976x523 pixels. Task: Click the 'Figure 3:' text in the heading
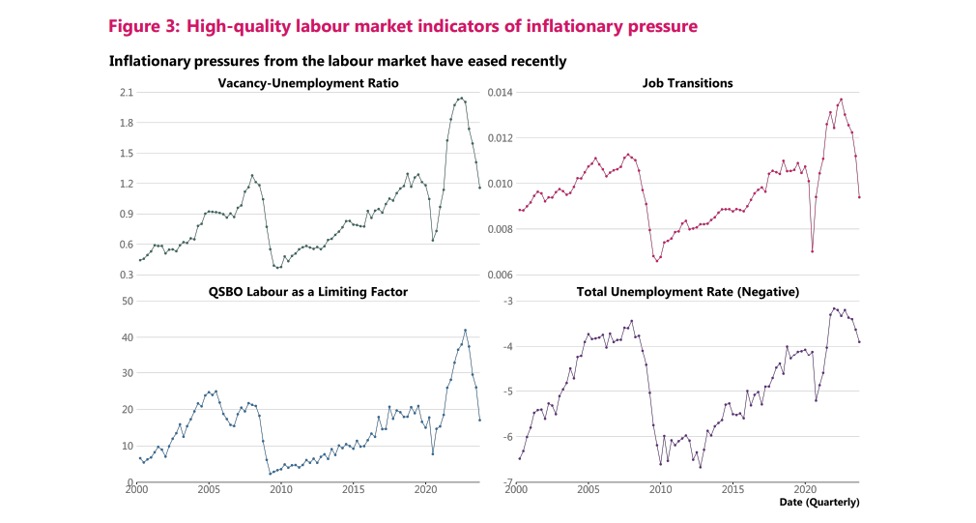pyautogui.click(x=144, y=26)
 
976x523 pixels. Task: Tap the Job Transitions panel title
pyautogui.click(x=687, y=83)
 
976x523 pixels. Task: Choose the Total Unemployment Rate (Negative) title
pyautogui.click(x=687, y=291)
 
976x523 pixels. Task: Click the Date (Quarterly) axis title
pyautogui.click(x=819, y=502)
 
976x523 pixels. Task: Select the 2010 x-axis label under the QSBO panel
pyautogui.click(x=280, y=490)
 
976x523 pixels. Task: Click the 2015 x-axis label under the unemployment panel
pyautogui.click(x=732, y=490)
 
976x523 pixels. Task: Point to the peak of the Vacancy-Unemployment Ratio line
pyautogui.click(x=461, y=98)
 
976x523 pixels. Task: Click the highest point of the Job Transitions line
pyautogui.click(x=841, y=99)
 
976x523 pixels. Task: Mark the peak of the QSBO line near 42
pyautogui.click(x=465, y=330)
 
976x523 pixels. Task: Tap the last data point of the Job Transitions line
pyautogui.click(x=859, y=197)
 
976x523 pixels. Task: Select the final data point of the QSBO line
pyautogui.click(x=479, y=420)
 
